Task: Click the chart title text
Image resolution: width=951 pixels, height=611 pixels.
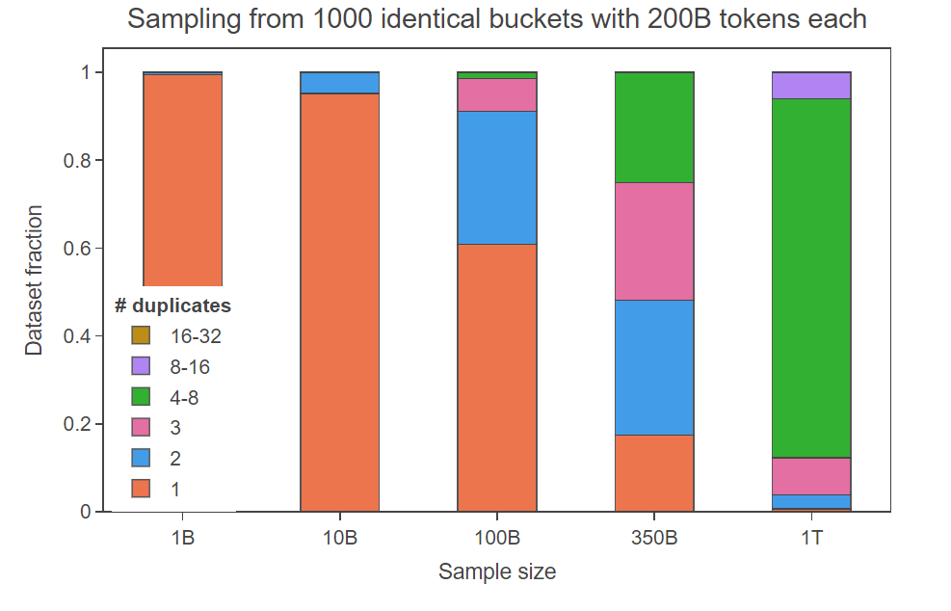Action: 496,19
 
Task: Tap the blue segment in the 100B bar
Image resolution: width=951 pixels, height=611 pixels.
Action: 496,177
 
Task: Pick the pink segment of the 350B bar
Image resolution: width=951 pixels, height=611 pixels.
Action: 654,241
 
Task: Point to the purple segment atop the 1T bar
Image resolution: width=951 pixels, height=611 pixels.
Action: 811,85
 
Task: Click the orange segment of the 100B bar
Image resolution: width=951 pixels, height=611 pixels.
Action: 496,377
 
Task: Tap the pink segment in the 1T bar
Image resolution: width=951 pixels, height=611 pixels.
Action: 811,476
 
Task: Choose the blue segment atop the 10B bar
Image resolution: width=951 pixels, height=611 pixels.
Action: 339,82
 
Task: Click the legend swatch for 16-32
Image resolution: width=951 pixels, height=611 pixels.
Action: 142,336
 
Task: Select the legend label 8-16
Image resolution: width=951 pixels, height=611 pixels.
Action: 189,367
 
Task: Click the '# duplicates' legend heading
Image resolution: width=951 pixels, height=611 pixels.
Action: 172,306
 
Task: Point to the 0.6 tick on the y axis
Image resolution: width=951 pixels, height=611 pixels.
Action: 76,249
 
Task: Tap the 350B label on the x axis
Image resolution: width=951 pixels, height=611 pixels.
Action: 654,538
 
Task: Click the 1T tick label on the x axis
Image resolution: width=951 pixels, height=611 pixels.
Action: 811,538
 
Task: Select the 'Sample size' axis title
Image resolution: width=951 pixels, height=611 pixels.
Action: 497,571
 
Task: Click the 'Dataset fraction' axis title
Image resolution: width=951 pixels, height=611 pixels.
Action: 34,279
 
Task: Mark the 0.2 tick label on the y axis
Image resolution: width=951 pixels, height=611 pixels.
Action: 76,424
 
